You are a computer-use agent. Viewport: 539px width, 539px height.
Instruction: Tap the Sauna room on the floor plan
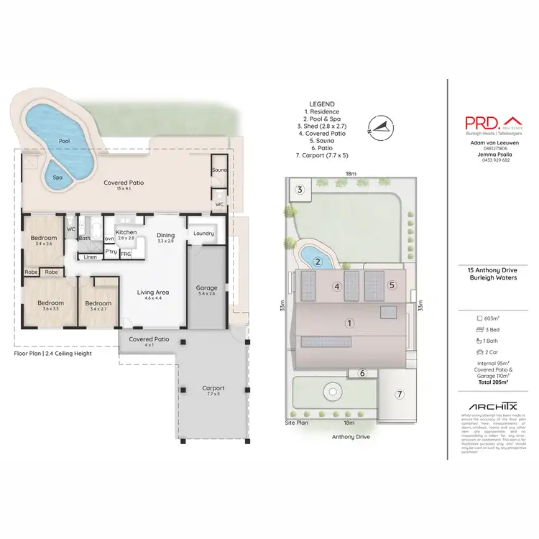point(218,170)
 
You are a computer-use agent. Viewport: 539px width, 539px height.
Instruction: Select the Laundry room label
point(204,233)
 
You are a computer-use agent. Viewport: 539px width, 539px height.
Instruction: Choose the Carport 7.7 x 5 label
point(213,391)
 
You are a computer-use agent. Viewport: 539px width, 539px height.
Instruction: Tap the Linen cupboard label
point(90,257)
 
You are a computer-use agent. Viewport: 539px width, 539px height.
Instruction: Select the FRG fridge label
point(126,254)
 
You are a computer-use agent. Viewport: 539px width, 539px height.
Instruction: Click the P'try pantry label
point(111,252)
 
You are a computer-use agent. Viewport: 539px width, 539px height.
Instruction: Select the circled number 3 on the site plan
point(300,190)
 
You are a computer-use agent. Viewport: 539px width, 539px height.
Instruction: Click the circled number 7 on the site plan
point(399,394)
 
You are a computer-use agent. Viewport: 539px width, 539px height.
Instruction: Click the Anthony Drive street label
point(351,436)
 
